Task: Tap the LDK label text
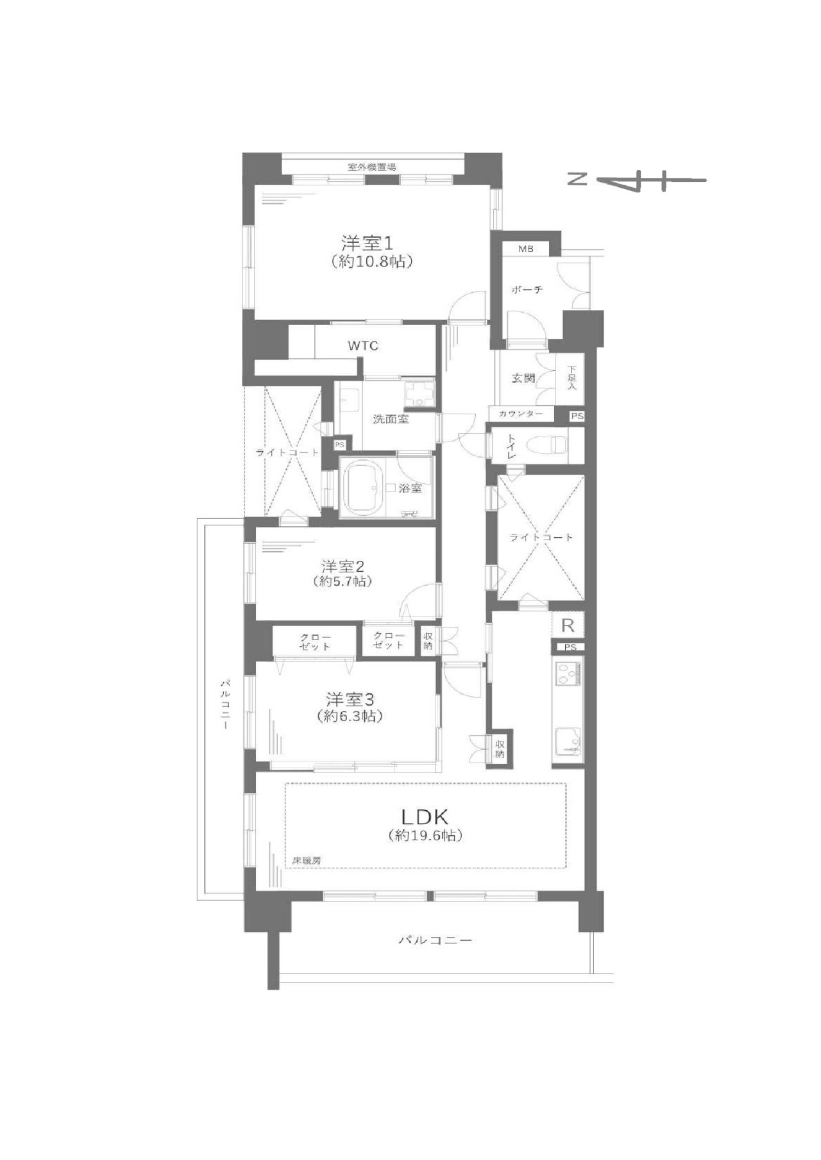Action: click(425, 816)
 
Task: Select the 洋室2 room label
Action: click(343, 567)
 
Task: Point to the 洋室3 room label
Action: click(350, 698)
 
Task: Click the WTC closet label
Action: click(363, 346)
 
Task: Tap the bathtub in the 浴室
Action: click(365, 488)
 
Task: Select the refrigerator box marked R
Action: click(568, 625)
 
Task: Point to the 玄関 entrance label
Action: click(523, 378)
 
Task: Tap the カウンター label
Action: click(521, 414)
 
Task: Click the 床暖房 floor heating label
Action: click(306, 861)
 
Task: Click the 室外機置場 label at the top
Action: click(372, 167)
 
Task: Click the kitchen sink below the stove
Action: click(568, 742)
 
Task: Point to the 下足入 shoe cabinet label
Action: click(571, 378)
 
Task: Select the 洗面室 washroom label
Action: click(391, 420)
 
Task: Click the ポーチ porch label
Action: click(527, 290)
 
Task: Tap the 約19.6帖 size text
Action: click(425, 836)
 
